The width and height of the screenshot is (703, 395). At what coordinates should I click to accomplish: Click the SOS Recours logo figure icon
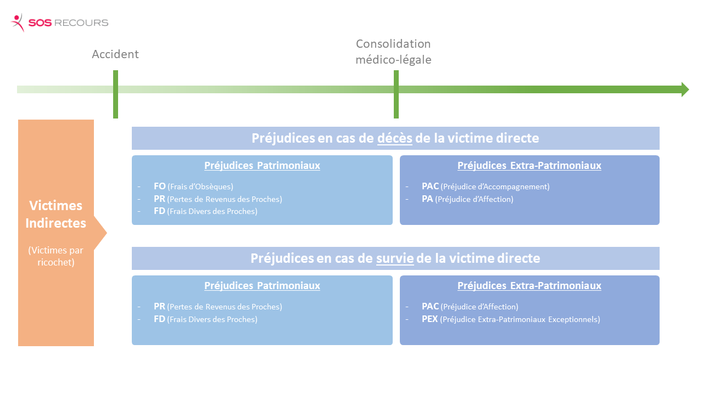18,22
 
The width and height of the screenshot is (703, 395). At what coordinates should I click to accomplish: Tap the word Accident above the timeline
115,54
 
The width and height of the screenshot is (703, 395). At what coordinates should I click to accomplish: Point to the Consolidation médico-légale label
393,52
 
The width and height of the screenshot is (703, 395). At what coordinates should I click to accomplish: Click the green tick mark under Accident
115,94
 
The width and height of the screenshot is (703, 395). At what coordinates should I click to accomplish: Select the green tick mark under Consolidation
396,94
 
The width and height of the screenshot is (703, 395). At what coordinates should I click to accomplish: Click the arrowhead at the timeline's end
685,89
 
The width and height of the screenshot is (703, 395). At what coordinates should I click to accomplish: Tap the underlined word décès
394,138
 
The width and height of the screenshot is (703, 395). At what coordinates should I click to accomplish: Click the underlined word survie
395,258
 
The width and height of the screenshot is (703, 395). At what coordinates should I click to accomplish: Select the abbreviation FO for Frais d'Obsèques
159,186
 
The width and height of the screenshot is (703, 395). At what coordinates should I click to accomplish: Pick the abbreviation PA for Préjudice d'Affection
427,199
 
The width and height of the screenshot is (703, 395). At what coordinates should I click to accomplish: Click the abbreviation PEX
429,319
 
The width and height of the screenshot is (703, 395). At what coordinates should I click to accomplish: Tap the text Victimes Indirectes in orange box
56,214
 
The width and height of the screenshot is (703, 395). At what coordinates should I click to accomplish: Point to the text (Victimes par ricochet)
56,256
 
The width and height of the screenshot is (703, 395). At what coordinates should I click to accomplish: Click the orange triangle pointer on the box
100,233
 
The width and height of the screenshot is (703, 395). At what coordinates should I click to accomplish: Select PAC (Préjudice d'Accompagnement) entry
486,186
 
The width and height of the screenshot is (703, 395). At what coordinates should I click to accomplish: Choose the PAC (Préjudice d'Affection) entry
470,306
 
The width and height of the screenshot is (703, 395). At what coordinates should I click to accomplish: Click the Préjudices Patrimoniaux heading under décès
262,165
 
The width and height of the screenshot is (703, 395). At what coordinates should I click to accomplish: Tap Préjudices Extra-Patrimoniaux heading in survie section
529,285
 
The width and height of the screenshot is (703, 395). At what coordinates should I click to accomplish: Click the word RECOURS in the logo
81,23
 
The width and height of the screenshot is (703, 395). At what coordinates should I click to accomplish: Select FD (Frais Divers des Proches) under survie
205,319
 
